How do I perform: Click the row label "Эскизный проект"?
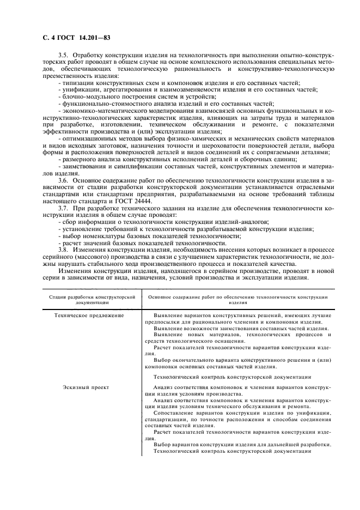click(x=86, y=387)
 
